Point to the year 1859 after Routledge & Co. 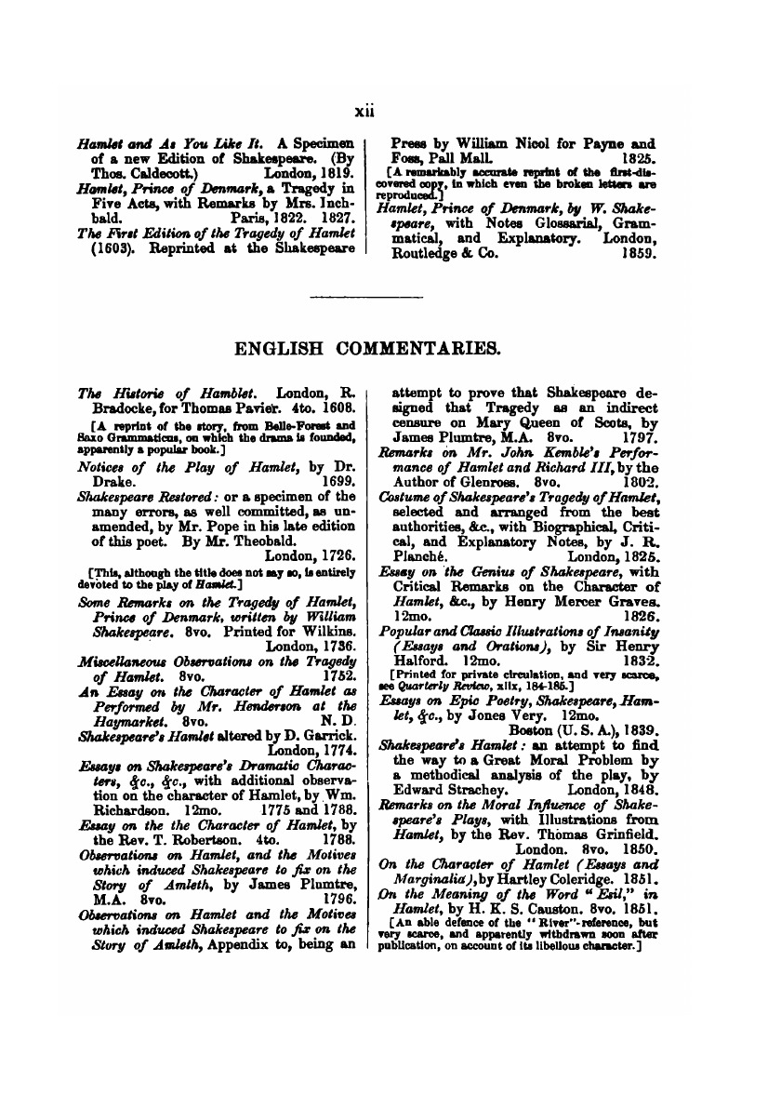click(x=640, y=251)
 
